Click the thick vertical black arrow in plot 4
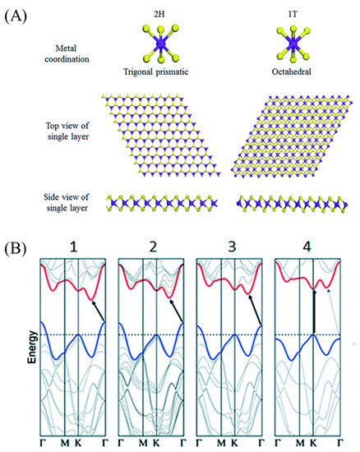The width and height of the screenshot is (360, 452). [313, 312]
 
